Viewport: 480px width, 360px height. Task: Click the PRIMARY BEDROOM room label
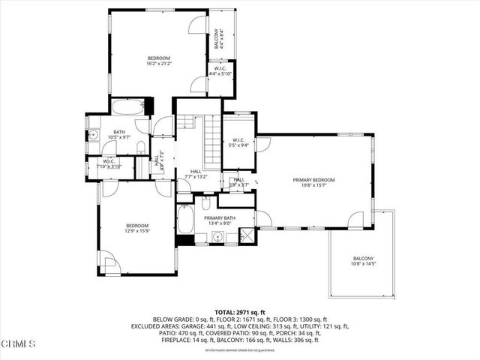pyautogui.click(x=313, y=180)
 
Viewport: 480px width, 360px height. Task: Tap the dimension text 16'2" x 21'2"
pyautogui.click(x=159, y=64)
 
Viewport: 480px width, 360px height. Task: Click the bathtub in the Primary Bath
pyautogui.click(x=186, y=221)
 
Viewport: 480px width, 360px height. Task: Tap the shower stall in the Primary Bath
pyautogui.click(x=245, y=237)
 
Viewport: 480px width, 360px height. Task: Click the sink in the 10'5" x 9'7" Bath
pyautogui.click(x=94, y=134)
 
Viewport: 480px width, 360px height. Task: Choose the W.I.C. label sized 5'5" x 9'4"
pyautogui.click(x=239, y=145)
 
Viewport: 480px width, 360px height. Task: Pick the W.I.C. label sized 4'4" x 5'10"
pyautogui.click(x=221, y=73)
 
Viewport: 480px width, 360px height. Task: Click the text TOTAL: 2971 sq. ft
pyautogui.click(x=240, y=312)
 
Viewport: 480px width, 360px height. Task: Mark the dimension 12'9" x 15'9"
pyautogui.click(x=137, y=230)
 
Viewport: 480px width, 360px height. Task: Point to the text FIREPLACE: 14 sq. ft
pyautogui.click(x=188, y=340)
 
